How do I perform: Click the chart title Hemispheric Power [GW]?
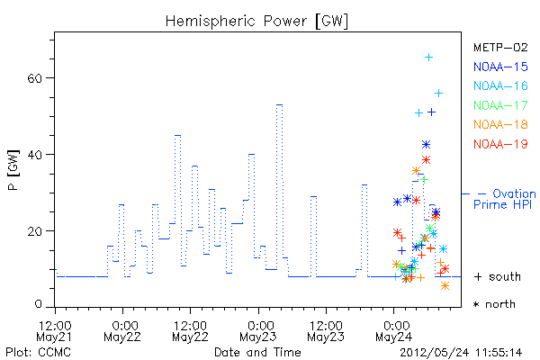coord(256,21)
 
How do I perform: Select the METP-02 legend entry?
coord(500,47)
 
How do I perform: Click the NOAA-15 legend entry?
coord(500,67)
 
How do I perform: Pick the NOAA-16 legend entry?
coord(500,85)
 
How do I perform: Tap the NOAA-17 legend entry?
coord(500,105)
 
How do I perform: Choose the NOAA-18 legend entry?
coord(500,124)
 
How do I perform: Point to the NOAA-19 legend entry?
coord(500,144)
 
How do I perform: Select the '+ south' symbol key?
coord(498,276)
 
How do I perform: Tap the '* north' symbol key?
coord(494,304)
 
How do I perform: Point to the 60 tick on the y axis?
coord(34,78)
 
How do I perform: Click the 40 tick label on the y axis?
coord(34,154)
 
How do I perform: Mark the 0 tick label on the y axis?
coord(38,304)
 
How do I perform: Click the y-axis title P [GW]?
coord(13,170)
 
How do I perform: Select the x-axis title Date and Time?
coord(257,352)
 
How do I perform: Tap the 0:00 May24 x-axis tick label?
coord(394,331)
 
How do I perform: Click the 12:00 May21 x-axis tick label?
coord(54,331)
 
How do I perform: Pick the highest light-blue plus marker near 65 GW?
coord(428,58)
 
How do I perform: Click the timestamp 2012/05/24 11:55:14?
coord(461,353)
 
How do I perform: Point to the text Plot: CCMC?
coord(38,353)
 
